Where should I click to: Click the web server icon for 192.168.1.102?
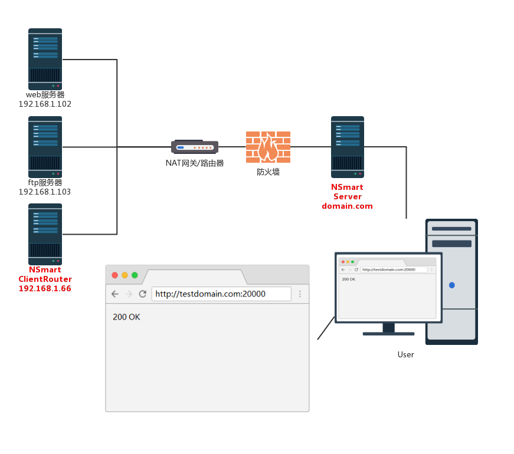point(45,59)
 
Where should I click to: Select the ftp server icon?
point(45,147)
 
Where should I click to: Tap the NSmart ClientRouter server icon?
point(45,234)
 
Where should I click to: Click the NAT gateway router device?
point(195,147)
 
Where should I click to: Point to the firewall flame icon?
point(268,147)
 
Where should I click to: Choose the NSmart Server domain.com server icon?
point(347,147)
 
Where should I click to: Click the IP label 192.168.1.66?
point(45,288)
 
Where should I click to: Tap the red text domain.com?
point(347,206)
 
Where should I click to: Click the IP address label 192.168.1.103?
point(45,192)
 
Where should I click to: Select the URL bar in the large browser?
point(221,294)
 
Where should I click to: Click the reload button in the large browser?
point(142,294)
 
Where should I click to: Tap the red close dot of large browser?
point(114,275)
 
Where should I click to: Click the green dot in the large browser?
point(135,275)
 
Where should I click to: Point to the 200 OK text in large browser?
point(126,317)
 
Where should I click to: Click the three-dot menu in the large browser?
point(300,294)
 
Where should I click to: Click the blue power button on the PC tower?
point(452,285)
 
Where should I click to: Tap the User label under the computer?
point(405,354)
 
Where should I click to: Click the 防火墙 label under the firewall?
point(268,172)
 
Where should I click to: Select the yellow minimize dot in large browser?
point(125,275)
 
